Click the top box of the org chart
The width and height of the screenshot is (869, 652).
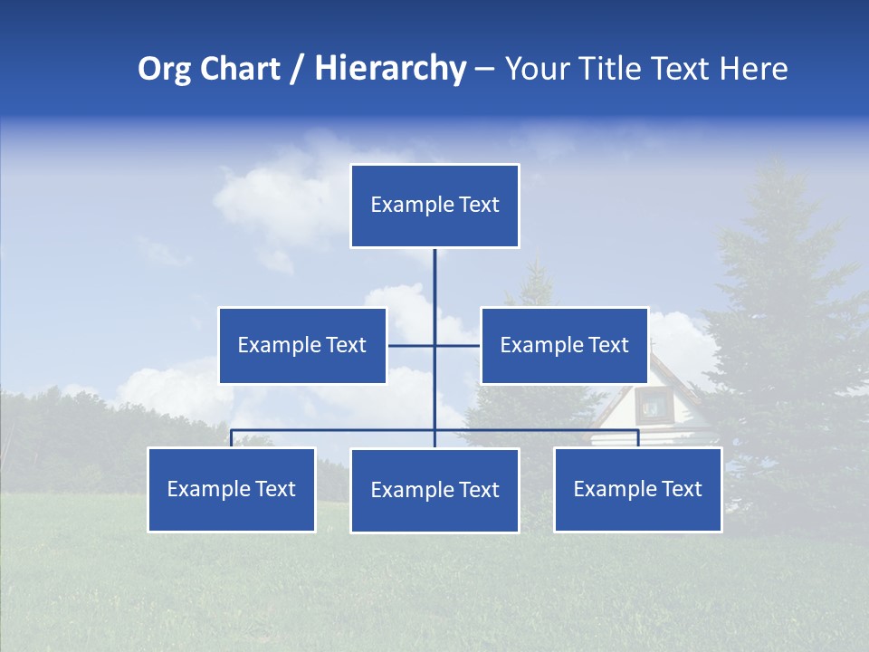[x=434, y=206]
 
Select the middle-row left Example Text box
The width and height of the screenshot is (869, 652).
[x=302, y=345]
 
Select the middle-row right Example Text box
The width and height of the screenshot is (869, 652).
[x=564, y=345]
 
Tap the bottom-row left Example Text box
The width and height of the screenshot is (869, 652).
[x=231, y=489]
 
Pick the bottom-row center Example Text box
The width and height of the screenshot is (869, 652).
[x=434, y=490]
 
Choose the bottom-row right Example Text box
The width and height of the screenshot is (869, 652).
[x=637, y=489]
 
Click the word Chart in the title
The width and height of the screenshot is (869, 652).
[x=239, y=69]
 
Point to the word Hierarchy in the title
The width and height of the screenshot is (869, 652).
[x=389, y=69]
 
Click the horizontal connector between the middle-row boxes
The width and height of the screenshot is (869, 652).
[x=412, y=345]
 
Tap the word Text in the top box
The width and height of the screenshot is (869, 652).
[x=479, y=205]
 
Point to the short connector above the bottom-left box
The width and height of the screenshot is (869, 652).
[x=231, y=438]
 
